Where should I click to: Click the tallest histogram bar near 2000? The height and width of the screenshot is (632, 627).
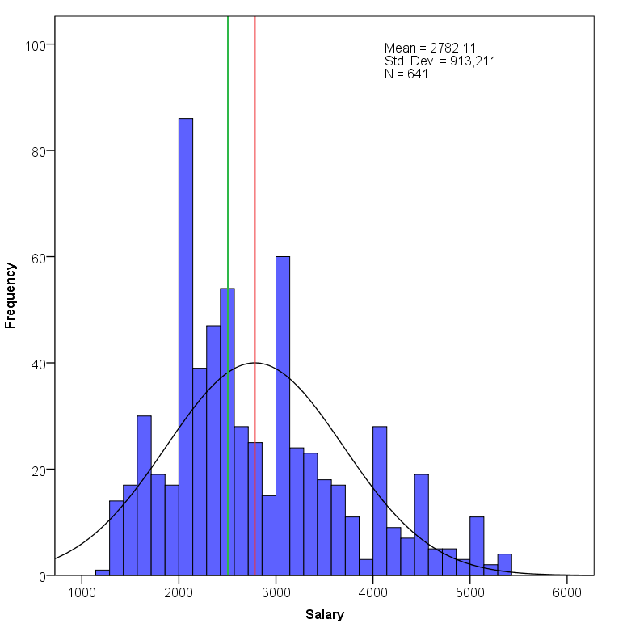186,348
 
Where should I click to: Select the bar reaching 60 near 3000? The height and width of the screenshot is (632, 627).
283,416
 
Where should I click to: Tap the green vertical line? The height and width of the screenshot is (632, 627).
228,162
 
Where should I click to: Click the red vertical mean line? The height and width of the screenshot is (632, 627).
255,162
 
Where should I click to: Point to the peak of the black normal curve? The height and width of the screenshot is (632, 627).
255,363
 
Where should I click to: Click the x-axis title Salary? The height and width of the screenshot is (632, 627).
325,615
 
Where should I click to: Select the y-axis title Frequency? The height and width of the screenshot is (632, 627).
11,294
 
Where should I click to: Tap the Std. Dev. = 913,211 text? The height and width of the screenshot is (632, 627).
440,61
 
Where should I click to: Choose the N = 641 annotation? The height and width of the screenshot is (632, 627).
406,74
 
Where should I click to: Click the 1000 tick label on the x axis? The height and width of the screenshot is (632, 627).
82,591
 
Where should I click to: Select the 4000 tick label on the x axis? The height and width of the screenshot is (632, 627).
372,591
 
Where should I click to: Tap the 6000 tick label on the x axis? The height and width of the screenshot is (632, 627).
566,591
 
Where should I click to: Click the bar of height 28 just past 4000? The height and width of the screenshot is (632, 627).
380,501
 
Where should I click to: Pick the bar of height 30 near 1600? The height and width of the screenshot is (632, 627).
144,496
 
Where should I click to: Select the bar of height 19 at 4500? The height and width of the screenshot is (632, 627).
421,525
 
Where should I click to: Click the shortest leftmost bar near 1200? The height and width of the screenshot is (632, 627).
103,573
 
